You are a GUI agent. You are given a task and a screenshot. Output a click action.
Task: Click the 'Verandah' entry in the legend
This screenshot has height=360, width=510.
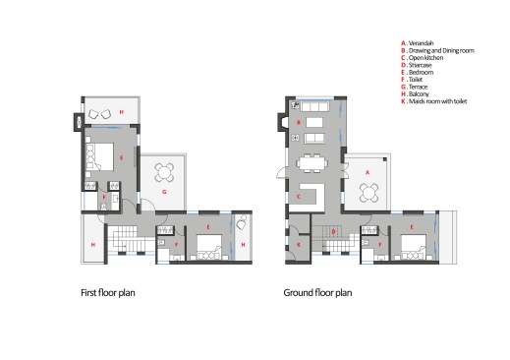click(421, 42)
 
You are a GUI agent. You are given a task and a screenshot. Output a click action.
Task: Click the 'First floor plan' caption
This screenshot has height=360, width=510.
click(113, 292)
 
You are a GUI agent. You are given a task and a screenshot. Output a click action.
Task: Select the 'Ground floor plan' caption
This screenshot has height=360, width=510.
click(317, 292)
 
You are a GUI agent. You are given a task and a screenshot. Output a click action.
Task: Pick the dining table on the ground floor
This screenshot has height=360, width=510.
click(314, 162)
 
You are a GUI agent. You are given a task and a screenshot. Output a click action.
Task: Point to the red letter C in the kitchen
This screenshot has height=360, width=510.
click(297, 196)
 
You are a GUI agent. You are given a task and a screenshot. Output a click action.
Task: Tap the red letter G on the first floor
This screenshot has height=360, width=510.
click(164, 195)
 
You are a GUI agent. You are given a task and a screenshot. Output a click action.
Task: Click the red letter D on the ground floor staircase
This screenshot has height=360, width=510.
click(333, 231)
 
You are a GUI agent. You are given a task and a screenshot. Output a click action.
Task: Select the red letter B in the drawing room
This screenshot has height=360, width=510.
click(298, 121)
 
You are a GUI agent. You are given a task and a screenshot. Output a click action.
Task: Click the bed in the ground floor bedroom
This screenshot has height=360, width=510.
click(405, 246)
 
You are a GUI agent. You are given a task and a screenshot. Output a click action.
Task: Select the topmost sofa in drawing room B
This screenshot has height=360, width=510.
click(313, 104)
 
